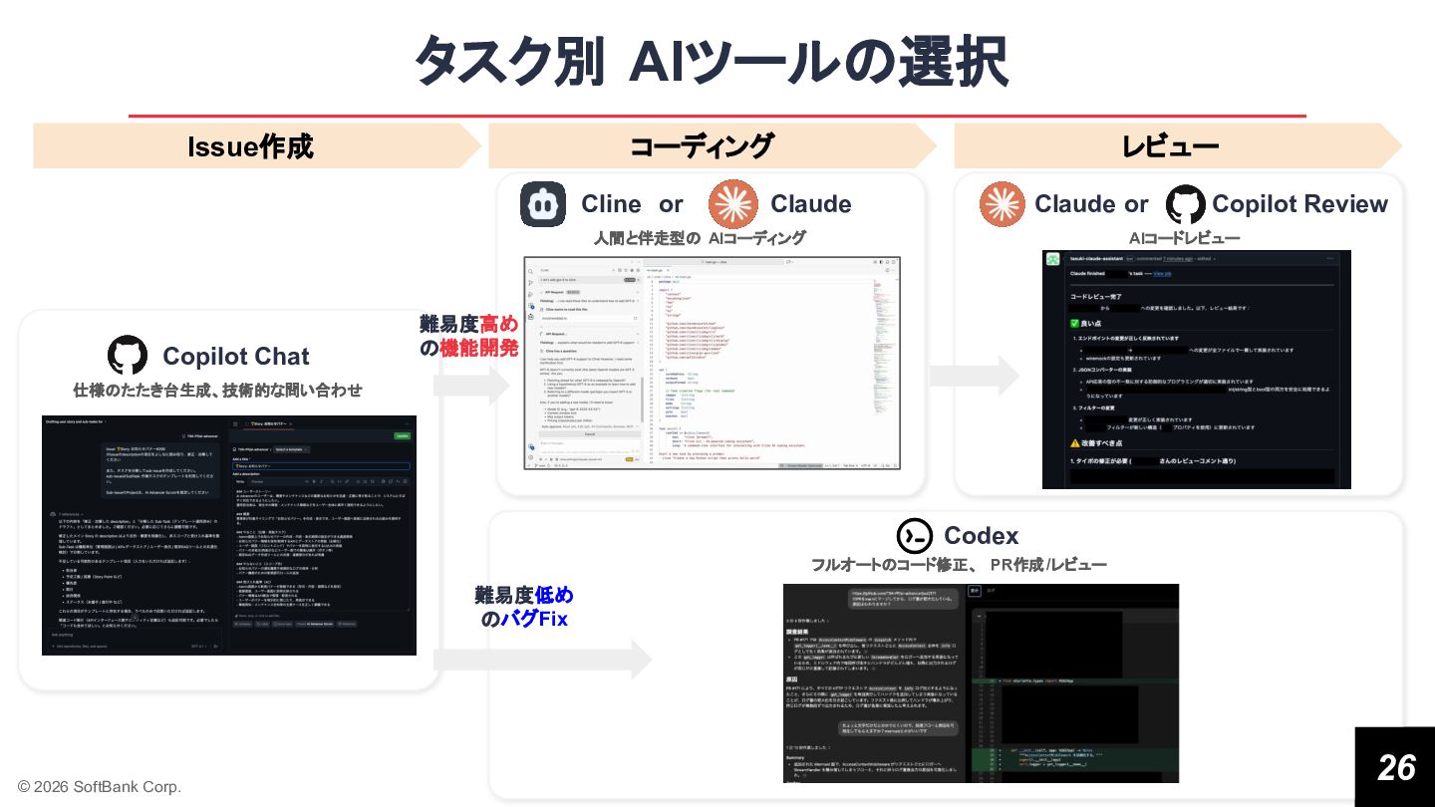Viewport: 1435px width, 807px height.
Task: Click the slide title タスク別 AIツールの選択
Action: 711,62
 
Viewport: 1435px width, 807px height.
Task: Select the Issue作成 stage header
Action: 250,146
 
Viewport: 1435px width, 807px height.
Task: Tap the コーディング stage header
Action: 702,146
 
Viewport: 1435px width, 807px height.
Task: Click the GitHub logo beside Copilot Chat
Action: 127,356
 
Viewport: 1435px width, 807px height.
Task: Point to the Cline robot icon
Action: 543,204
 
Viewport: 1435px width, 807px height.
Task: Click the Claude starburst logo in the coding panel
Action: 732,203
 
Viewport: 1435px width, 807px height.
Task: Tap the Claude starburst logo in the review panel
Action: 1002,203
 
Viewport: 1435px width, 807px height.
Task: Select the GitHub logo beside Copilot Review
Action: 1185,203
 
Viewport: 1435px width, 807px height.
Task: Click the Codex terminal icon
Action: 914,536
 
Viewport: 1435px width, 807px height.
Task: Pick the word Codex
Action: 981,536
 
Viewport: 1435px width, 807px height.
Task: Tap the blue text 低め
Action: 554,595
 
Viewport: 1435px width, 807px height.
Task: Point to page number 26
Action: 1395,766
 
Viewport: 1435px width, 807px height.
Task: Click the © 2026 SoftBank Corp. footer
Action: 100,786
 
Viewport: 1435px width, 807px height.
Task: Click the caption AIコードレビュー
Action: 1184,238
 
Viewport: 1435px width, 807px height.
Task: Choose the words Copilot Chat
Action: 235,356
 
